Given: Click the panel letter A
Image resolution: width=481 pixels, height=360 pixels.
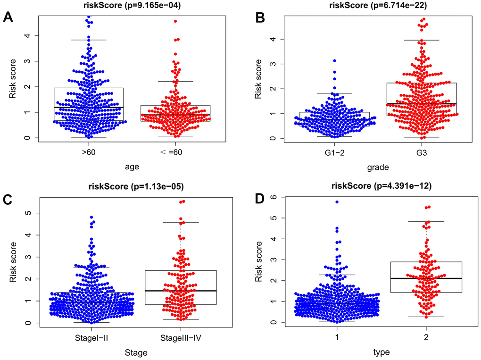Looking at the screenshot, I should pyautogui.click(x=8, y=17).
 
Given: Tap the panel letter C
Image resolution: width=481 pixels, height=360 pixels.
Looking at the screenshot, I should pyautogui.click(x=8, y=199).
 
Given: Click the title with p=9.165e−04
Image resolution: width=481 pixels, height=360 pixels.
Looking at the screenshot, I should pyautogui.click(x=123, y=6).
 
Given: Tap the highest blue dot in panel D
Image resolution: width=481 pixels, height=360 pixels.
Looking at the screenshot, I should pyautogui.click(x=337, y=202).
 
